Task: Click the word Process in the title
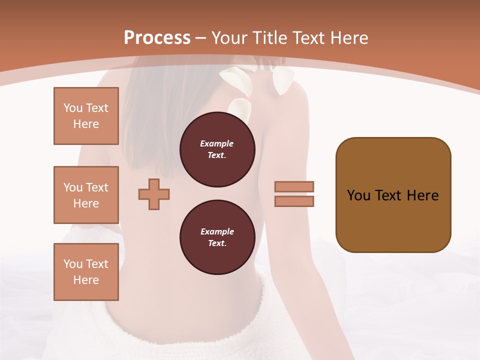coord(157,38)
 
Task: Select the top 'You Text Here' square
coord(86,116)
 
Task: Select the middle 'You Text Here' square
coord(86,195)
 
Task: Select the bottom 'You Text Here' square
coord(86,272)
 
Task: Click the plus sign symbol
coord(154,194)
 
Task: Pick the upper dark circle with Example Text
coord(217,149)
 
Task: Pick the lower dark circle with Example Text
coord(217,237)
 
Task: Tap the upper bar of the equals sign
coord(294,187)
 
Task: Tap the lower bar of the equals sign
coord(294,201)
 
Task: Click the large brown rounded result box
coord(393,195)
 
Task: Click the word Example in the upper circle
coord(217,143)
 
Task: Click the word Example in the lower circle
coord(217,231)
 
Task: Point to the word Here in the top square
coord(86,124)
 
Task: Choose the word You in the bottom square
coord(73,264)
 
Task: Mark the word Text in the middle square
coord(96,187)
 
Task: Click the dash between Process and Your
coord(201,38)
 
